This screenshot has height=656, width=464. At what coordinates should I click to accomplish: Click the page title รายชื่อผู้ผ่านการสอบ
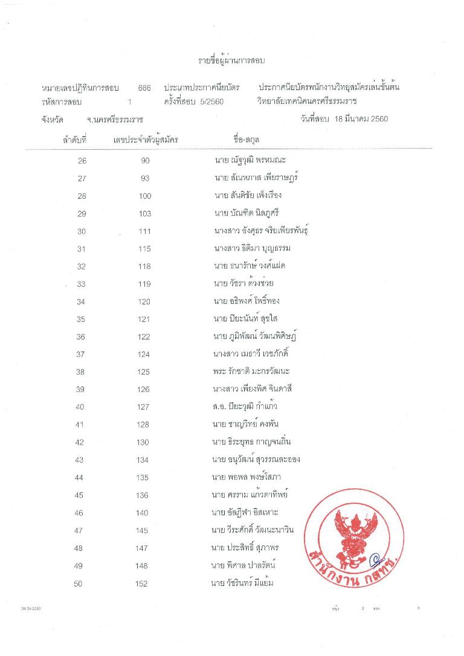(232, 61)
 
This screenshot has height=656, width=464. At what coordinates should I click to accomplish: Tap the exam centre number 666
(144, 88)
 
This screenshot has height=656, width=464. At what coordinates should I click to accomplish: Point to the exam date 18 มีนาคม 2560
(360, 118)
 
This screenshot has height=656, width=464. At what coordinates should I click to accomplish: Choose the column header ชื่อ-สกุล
(248, 140)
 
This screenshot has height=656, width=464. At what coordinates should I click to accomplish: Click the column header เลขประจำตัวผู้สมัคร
(146, 140)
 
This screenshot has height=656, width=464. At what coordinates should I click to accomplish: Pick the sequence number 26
(83, 161)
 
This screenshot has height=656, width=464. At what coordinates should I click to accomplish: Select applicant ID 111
(144, 231)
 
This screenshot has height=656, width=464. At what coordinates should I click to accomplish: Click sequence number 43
(79, 460)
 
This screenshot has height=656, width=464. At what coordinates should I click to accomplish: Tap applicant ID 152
(142, 584)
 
